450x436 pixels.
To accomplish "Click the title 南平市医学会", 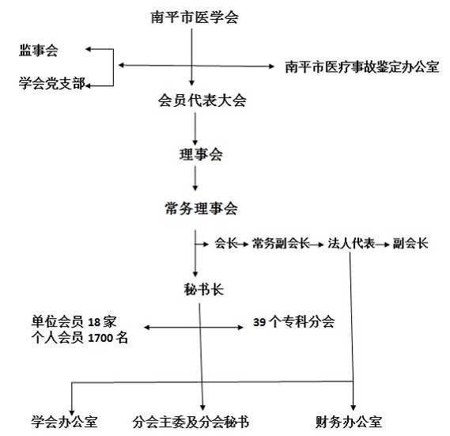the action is pos(195,17).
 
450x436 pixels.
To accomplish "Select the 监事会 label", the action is pos(39,51).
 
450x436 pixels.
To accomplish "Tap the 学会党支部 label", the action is pos(52,83).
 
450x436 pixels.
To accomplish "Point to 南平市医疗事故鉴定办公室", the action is pos(362,67).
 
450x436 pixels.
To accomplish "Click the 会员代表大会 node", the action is pos(202,100).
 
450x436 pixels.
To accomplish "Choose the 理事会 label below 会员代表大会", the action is pos(201,154).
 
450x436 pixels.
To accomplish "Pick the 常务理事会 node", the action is pos(201,208).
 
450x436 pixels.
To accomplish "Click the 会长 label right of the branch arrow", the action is pos(226,243).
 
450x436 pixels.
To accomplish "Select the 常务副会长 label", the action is pos(281,243).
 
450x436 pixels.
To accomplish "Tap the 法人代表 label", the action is pos(352,243).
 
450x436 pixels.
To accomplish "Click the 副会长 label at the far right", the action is pos(410,243).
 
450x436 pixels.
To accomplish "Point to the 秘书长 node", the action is pos(204,290).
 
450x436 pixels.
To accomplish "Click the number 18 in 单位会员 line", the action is pos(94,322).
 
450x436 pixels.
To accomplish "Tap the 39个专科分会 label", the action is pos(294,322).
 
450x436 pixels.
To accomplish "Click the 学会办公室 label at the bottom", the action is pos(65,422).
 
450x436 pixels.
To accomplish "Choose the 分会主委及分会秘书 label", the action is pos(191,422).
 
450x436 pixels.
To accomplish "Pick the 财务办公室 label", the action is pos(349,422).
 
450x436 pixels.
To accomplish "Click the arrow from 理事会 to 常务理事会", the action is pos(195,178).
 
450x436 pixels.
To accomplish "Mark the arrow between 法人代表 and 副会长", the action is pos(382,245).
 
